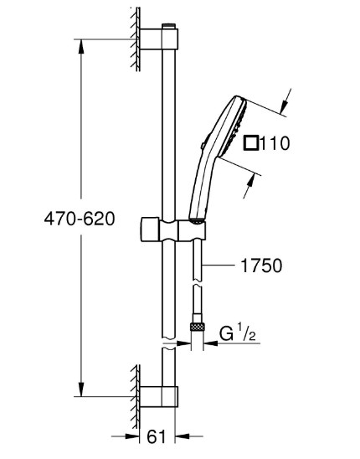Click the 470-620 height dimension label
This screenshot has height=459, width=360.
80,219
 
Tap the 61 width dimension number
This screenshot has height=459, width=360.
157,436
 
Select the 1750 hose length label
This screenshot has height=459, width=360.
261,266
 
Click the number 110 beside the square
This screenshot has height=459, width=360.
275,143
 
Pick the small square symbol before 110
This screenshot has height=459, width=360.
251,143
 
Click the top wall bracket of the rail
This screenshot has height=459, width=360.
159,39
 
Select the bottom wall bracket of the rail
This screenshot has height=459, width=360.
159,397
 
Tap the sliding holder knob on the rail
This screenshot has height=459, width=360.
150,229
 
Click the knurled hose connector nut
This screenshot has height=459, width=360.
198,327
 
